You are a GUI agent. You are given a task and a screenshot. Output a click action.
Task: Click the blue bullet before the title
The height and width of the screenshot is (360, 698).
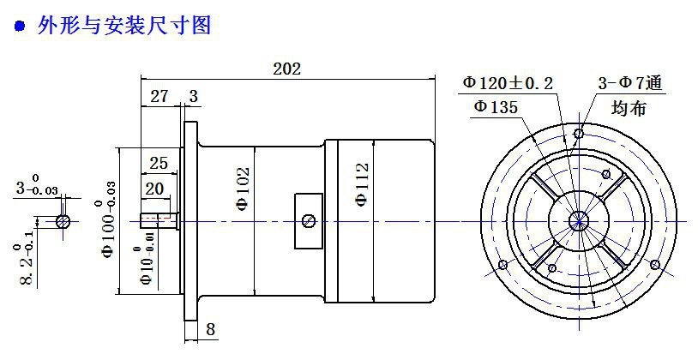20,27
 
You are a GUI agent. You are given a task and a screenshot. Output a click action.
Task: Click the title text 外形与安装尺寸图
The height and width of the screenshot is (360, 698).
124,27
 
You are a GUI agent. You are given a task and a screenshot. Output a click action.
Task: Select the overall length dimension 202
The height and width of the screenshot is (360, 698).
286,69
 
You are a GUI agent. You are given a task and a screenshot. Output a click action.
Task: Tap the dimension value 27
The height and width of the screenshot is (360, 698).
159,97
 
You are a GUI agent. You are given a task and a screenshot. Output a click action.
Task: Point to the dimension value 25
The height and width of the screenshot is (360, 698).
158,162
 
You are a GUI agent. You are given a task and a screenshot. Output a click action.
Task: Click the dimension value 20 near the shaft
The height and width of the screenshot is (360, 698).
155,189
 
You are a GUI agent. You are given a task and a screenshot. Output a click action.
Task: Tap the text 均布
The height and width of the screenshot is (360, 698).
629,108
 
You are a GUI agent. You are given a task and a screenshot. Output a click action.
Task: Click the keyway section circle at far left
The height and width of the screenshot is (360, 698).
64,221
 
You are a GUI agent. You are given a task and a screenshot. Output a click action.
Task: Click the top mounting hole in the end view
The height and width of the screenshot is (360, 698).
581,135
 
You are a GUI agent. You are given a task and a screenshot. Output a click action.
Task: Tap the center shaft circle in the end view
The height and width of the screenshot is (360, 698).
580,220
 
